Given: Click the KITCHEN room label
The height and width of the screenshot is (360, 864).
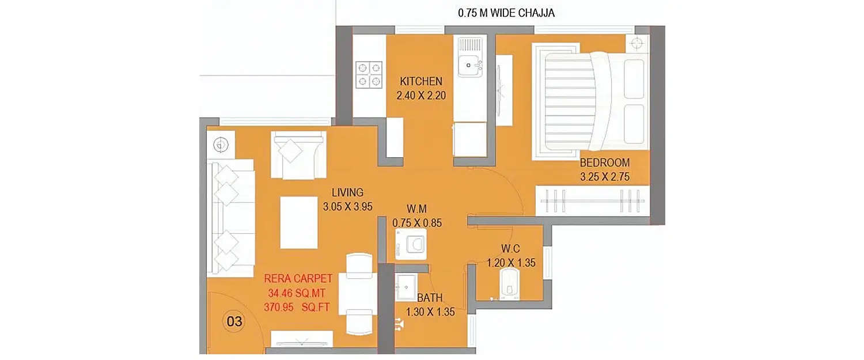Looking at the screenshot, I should pyautogui.click(x=422, y=81).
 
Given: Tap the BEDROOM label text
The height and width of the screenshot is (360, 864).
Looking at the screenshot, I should pyautogui.click(x=605, y=162).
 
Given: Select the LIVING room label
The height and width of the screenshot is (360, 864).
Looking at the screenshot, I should pyautogui.click(x=347, y=192).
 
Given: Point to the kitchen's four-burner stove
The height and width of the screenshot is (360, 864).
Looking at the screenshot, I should pyautogui.click(x=369, y=74).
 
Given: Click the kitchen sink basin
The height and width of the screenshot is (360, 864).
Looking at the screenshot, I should pyautogui.click(x=469, y=65).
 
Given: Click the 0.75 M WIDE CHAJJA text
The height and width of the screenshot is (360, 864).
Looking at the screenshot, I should pyautogui.click(x=506, y=13).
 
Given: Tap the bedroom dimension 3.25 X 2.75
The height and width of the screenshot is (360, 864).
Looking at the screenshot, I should pyautogui.click(x=605, y=177).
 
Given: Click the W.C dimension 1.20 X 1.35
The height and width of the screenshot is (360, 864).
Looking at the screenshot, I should pyautogui.click(x=511, y=263).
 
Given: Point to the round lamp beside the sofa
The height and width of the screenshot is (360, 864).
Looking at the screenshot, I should pyautogui.click(x=219, y=144).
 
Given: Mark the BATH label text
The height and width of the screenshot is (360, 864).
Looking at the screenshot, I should pyautogui.click(x=430, y=298).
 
